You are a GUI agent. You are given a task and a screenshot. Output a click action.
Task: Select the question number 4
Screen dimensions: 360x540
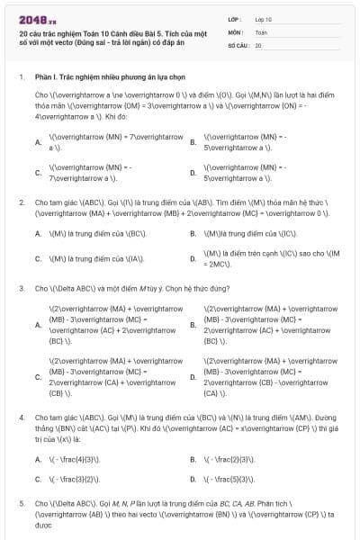point(22,418)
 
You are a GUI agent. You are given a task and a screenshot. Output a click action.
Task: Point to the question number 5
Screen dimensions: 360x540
point(22,502)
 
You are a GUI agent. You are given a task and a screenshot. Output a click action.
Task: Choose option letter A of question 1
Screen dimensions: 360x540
point(38,142)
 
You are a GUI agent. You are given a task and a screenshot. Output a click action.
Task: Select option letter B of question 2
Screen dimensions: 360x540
point(193,233)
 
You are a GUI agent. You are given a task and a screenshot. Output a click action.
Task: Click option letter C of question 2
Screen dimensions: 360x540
point(38,258)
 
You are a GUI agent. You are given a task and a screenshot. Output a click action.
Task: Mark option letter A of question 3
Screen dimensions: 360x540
point(38,325)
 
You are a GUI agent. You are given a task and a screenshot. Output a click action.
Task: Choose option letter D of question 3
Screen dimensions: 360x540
point(193,375)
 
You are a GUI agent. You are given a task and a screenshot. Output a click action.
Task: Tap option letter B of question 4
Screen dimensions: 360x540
point(193,459)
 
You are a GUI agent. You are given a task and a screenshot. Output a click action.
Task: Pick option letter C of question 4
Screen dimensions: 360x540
point(38,480)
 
